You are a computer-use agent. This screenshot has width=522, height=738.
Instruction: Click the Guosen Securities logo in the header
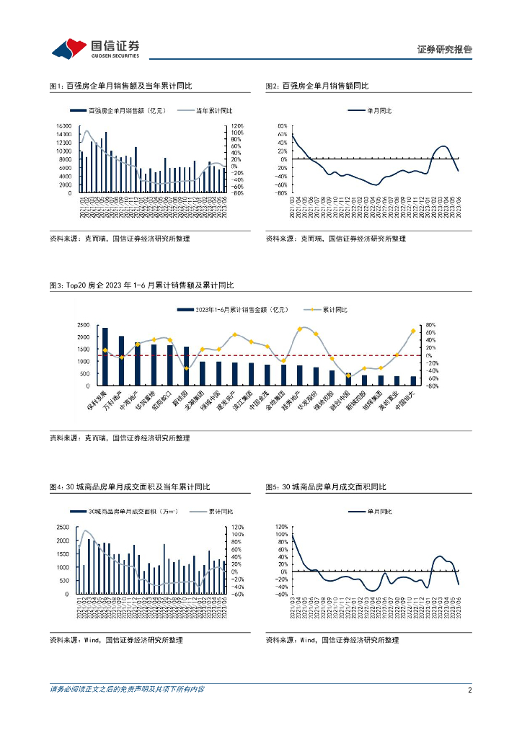point(96,48)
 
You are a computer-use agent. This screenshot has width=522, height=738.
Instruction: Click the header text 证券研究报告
point(444,50)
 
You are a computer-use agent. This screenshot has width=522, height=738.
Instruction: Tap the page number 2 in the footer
point(469,690)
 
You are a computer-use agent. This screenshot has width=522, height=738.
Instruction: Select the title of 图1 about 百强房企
point(121,86)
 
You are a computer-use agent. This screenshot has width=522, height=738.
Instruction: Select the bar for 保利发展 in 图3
point(105,357)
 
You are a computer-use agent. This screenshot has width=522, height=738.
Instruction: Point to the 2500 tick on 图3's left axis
point(84,326)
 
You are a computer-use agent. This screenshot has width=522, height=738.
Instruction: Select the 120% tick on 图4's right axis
point(239,527)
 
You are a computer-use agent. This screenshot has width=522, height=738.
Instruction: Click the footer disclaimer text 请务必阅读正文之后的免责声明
point(127,690)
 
